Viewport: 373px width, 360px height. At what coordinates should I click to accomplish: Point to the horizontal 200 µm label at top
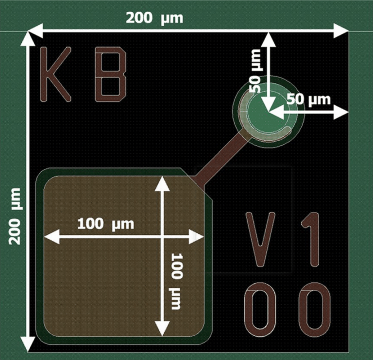[x=154, y=18]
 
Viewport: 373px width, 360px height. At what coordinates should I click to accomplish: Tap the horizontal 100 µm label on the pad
[x=105, y=224]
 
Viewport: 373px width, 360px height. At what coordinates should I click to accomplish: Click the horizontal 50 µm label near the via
[x=308, y=99]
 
